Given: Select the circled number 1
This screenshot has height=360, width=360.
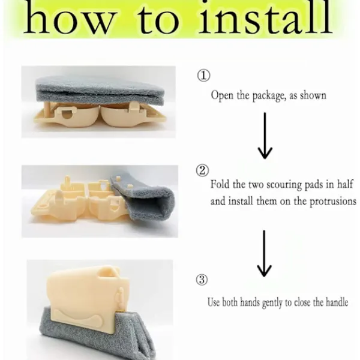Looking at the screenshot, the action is click(203, 76).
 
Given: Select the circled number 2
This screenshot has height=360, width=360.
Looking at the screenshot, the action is click(203, 170).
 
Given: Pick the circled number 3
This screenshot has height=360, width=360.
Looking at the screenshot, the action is click(202, 280).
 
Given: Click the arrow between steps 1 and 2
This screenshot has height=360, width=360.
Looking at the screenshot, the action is click(265, 136).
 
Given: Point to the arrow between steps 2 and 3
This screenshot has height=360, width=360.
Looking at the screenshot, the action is click(264, 253).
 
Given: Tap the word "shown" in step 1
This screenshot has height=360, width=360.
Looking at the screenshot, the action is click(313, 95).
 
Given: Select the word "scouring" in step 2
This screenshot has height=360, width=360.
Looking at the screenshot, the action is click(284, 185).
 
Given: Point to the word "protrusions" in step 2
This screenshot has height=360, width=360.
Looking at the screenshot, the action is click(333, 202).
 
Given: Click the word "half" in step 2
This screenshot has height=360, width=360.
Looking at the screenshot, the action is click(345, 184).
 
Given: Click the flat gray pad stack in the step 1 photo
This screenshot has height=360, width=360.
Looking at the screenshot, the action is click(100, 90).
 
